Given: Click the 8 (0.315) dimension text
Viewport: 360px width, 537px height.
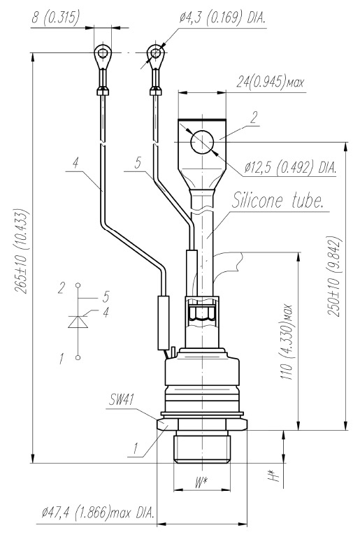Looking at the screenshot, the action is point(55,17).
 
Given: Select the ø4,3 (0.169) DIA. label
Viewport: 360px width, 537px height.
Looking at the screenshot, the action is point(222,17).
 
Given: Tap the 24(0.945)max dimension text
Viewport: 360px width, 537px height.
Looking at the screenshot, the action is point(270,83).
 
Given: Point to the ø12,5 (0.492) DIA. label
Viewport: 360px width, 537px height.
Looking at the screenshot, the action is point(290,168).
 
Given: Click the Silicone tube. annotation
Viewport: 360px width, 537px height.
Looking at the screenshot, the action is point(278,201).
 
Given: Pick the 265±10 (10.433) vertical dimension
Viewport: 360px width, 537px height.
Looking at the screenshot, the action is point(22,251).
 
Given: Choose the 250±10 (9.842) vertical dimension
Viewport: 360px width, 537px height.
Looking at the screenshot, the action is point(334,276).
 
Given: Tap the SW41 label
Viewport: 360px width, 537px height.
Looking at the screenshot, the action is point(122,399).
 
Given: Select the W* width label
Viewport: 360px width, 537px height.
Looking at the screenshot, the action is point(201,482).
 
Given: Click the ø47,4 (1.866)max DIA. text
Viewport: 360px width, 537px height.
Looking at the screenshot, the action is point(98,513).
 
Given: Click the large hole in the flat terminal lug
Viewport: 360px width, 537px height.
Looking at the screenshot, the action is point(202,142).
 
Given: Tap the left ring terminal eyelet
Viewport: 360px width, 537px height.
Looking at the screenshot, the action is point(103,54).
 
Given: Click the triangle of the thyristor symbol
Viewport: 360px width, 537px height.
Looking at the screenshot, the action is point(78,322).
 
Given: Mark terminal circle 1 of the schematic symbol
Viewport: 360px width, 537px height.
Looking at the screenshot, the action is point(78,357).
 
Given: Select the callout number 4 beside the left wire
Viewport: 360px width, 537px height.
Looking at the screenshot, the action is point(75,162).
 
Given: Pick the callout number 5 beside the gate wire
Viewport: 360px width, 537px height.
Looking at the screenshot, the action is point(138,163).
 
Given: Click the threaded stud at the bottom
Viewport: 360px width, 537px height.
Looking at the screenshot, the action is point(202,447).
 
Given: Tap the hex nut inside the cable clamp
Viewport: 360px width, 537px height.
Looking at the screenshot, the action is point(202,313).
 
